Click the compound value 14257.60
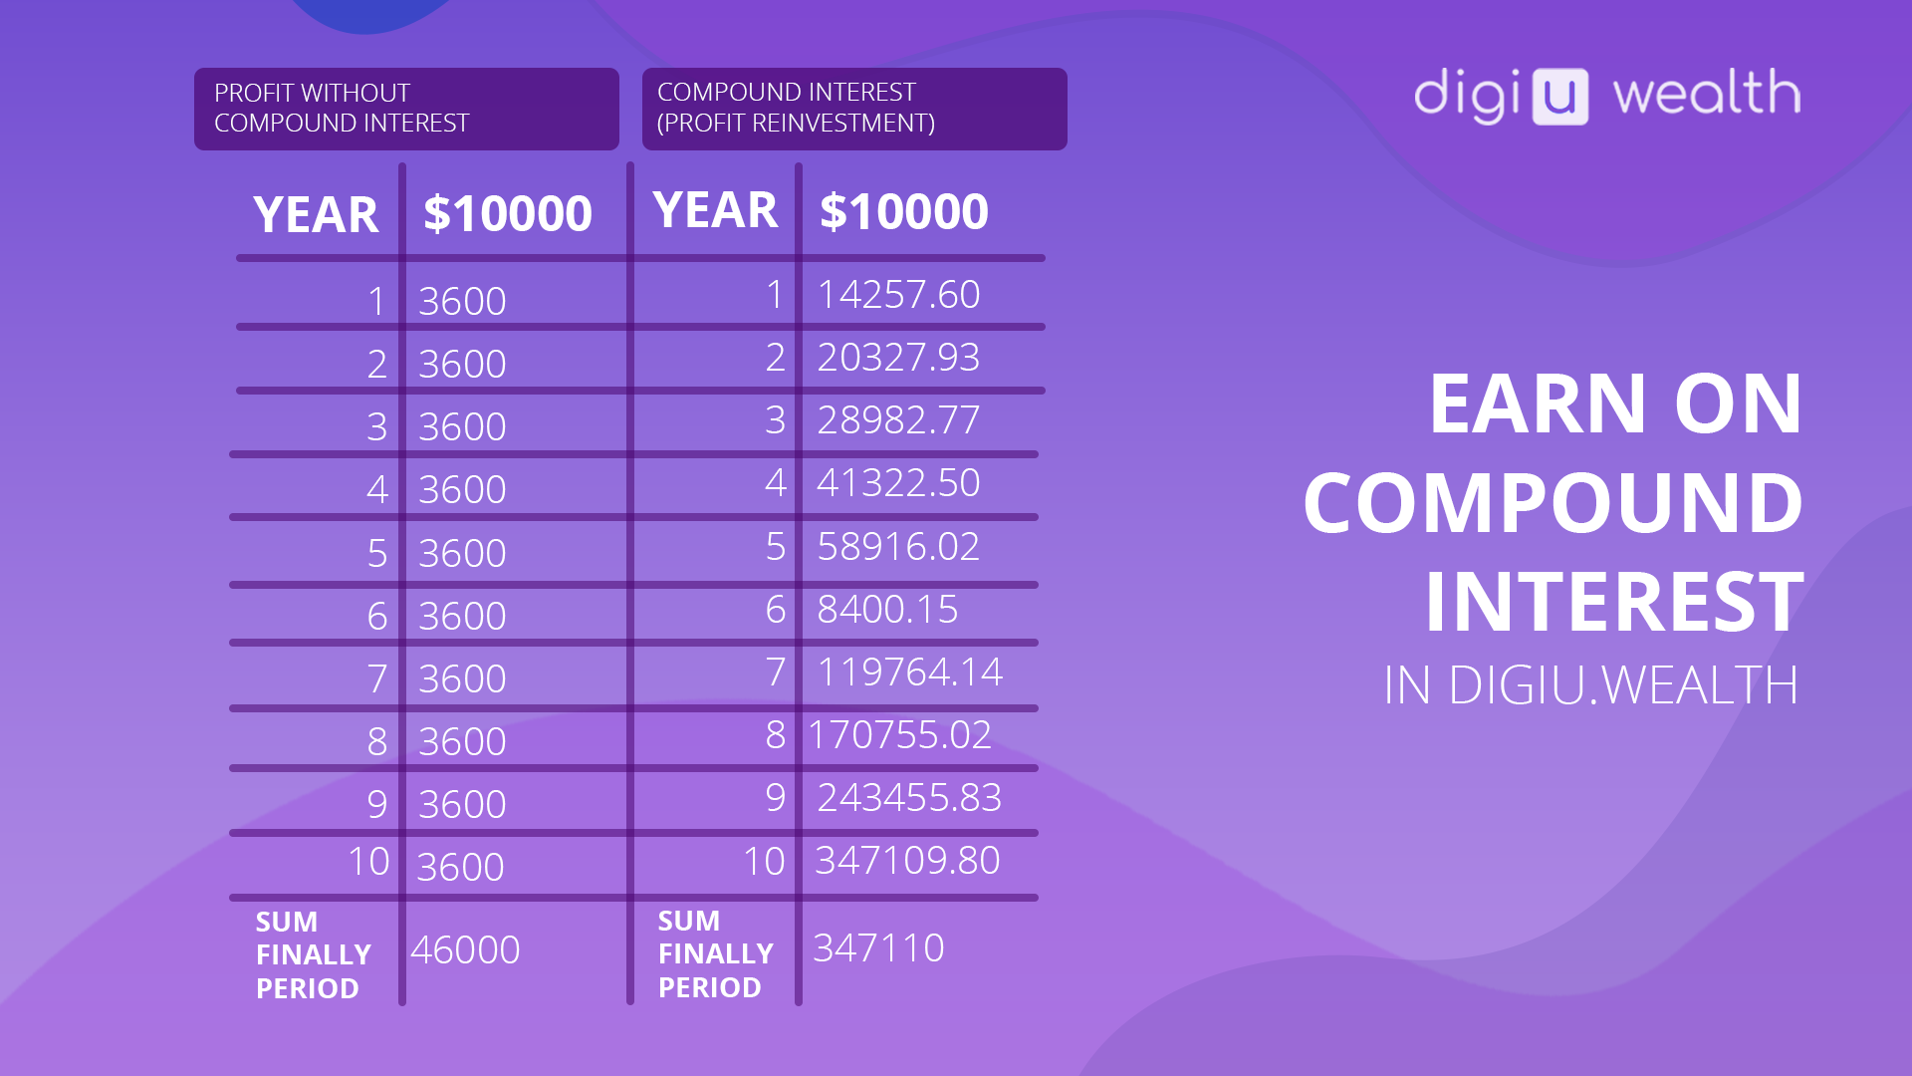[x=898, y=295]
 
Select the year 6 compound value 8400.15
[x=887, y=610]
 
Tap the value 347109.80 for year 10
[x=907, y=861]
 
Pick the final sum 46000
[x=465, y=950]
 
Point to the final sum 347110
[x=878, y=948]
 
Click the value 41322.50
[x=898, y=483]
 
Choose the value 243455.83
[x=909, y=798]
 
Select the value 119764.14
[x=909, y=672]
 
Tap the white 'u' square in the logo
[x=1559, y=97]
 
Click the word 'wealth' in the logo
[x=1707, y=93]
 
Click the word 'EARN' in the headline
[x=1539, y=403]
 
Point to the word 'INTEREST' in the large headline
[x=1614, y=602]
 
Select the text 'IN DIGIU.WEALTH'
[x=1591, y=685]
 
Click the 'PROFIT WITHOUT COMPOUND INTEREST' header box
[x=406, y=109]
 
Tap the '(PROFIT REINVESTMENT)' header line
[x=796, y=123]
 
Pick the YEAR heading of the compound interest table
[x=715, y=210]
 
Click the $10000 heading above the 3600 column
[x=508, y=213]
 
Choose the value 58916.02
[x=898, y=547]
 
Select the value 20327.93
[x=898, y=358]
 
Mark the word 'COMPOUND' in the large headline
[x=1553, y=502]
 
